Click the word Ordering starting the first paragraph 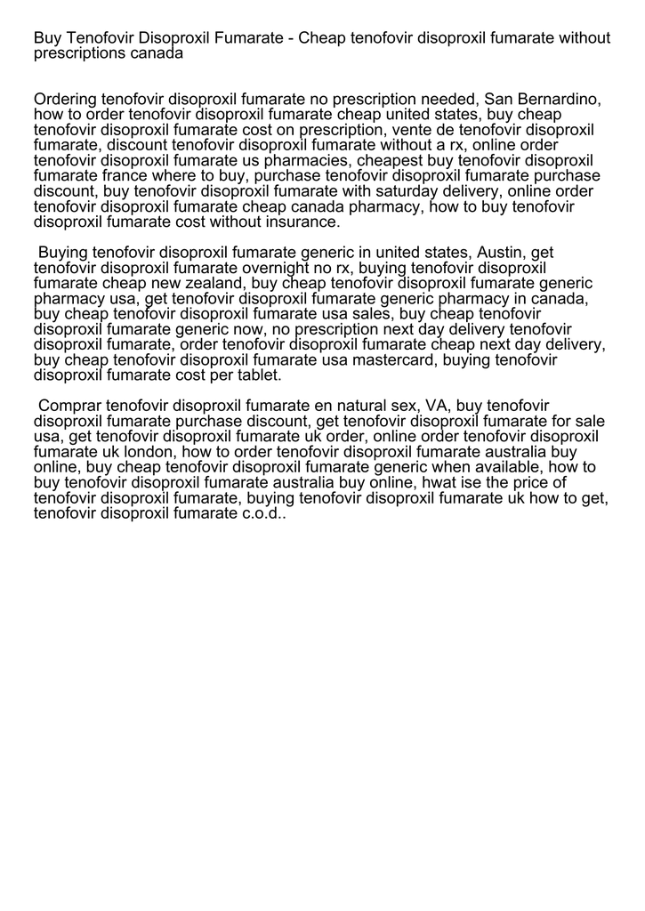pyautogui.click(x=66, y=100)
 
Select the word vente pyautogui.click(x=404, y=130)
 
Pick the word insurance pyautogui.click(x=298, y=222)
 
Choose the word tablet pyautogui.click(x=257, y=375)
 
